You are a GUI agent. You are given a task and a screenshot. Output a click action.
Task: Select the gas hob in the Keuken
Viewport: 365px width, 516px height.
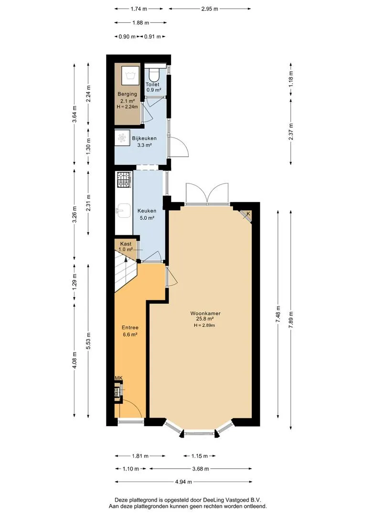point(124,180)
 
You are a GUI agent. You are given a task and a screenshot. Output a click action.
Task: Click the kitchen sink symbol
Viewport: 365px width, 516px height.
point(123,211)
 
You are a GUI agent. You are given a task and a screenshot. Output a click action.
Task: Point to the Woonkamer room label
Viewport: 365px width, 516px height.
point(205,313)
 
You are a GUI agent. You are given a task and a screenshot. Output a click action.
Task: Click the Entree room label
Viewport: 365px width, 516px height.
point(130,327)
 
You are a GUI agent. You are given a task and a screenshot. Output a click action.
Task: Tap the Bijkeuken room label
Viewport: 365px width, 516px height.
point(144,138)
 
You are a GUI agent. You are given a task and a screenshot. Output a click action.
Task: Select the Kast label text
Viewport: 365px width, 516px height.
point(126,244)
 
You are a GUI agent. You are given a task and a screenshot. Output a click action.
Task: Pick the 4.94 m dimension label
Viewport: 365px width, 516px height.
point(183,482)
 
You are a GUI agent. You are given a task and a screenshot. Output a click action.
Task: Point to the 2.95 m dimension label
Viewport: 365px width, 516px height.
point(210,9)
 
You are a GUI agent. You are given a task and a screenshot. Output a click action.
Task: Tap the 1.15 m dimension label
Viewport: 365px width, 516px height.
point(199,456)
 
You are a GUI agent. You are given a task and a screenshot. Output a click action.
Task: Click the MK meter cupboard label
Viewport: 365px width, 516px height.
point(118,378)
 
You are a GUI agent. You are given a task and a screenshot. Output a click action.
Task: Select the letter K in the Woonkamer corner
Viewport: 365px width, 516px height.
point(248,214)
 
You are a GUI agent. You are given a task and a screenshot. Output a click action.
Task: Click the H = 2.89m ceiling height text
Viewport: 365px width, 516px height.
point(204,325)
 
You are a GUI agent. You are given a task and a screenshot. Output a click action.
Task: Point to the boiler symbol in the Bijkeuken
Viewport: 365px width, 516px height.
point(122,138)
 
